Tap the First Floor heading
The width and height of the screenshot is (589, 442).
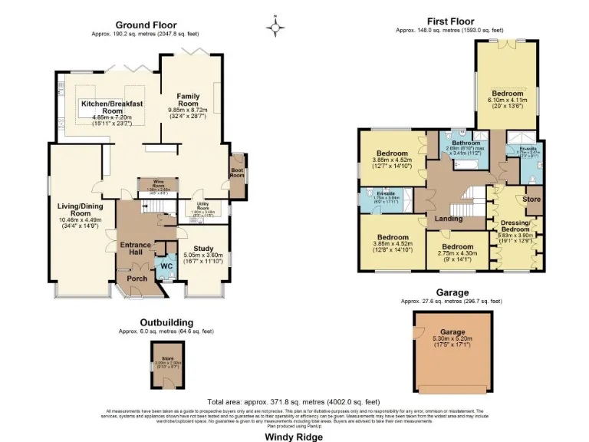[x=450, y=21]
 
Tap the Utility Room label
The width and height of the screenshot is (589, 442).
[x=203, y=205]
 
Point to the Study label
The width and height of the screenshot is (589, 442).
[x=204, y=248]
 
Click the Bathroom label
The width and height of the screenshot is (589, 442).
[x=465, y=143]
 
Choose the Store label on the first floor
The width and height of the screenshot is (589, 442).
[x=531, y=200]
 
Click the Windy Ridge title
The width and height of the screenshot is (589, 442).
[x=294, y=436]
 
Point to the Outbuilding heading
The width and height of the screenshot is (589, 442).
[x=166, y=323]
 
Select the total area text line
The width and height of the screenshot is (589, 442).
[x=294, y=402]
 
